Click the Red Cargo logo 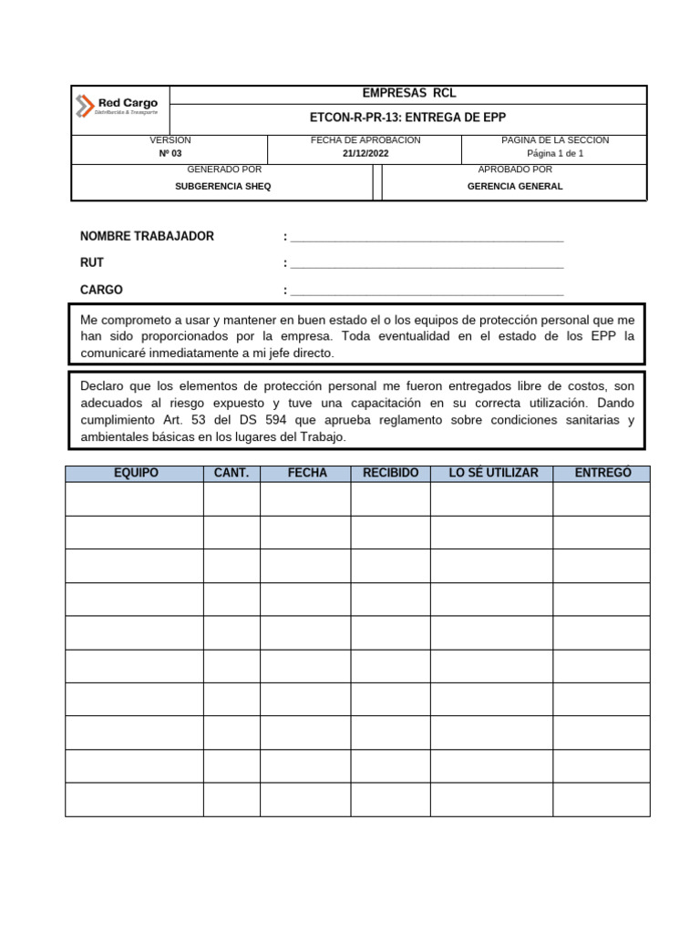pos(118,106)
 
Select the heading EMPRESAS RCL pos(409,93)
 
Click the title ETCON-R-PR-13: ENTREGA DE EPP pos(408,118)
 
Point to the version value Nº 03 pos(170,154)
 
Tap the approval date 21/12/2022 pos(365,154)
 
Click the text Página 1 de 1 pos(555,154)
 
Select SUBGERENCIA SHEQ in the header pos(222,186)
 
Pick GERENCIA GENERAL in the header pos(515,186)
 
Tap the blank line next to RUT pos(426,265)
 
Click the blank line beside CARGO pos(426,292)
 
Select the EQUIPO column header pos(135,473)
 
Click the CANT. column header pos(232,473)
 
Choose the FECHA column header pos(306,473)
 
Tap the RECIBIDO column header pos(390,473)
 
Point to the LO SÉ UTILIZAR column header pos(493,473)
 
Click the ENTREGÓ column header pos(602,473)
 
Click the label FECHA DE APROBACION pos(365,140)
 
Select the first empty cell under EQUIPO pos(135,499)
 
